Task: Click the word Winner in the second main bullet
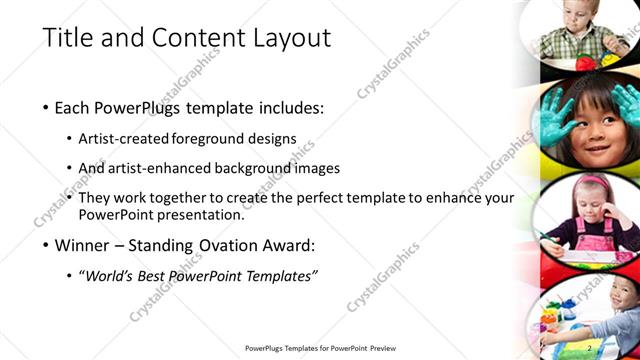pos(87,245)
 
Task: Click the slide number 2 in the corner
pos(590,347)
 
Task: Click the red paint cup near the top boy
pos(586,63)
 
